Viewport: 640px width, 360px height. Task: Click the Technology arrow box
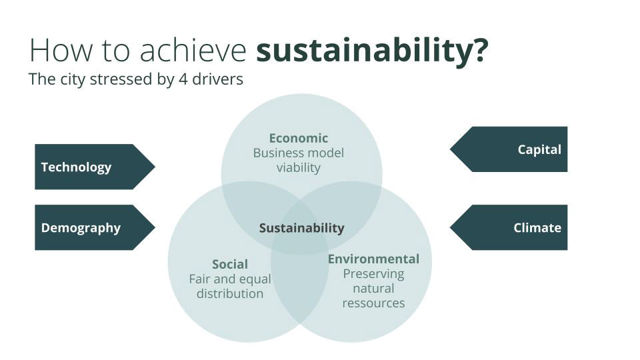(x=95, y=167)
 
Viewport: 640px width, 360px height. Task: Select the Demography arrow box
(x=95, y=227)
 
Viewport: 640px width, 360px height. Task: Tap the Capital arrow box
(x=509, y=149)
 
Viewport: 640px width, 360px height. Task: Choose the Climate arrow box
(x=509, y=227)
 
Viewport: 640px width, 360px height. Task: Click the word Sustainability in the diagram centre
(x=301, y=228)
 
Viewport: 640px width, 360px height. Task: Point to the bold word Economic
(x=299, y=138)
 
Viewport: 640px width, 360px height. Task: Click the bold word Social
(x=230, y=264)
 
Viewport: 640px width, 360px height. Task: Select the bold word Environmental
(x=373, y=259)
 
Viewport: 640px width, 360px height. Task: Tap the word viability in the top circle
(x=299, y=168)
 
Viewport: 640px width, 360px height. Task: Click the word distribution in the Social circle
(x=230, y=293)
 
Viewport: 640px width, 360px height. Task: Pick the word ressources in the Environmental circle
(x=373, y=303)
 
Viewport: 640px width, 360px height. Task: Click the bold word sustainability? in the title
(x=372, y=51)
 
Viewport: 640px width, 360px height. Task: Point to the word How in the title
(x=61, y=50)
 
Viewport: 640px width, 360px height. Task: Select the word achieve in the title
(x=193, y=50)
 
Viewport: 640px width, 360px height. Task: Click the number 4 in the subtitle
(x=183, y=79)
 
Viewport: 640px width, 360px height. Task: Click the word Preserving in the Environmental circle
(x=373, y=274)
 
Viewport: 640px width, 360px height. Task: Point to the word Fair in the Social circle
(x=199, y=279)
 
